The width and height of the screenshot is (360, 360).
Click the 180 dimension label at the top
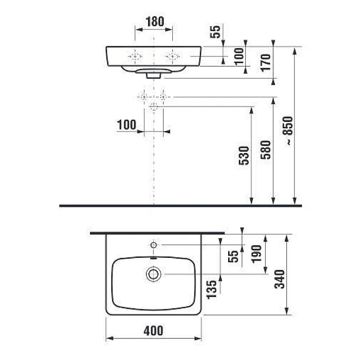coord(154,21)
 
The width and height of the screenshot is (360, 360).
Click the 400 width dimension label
coord(154,331)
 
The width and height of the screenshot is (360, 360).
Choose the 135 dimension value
coord(211,290)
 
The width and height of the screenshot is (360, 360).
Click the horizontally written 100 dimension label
coord(127,125)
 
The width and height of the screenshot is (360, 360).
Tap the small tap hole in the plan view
coord(153,245)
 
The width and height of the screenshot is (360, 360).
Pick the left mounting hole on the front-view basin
coord(135,56)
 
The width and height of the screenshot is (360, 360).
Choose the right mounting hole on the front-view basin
coord(172,56)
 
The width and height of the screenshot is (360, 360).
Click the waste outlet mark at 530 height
coord(154,106)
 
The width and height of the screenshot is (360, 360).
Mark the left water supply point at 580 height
coord(144,97)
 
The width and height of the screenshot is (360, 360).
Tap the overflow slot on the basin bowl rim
coord(153,259)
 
